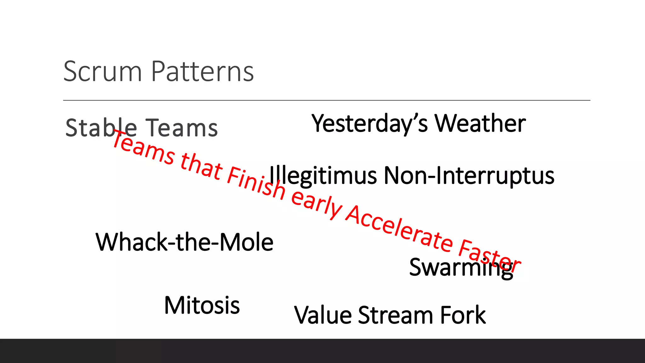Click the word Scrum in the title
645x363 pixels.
(x=103, y=72)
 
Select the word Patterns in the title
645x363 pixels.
(x=203, y=72)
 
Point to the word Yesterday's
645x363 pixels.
(x=369, y=124)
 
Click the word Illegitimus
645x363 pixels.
(x=323, y=176)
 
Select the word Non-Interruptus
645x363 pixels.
(x=469, y=176)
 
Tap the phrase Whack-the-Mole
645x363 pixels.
(x=184, y=242)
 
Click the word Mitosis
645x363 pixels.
(x=202, y=305)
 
